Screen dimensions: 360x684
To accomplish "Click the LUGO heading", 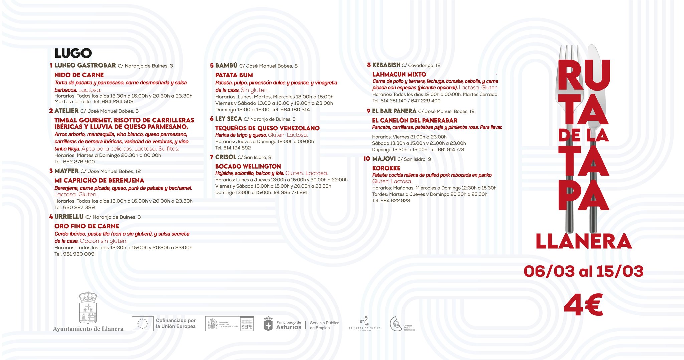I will pos(73,53).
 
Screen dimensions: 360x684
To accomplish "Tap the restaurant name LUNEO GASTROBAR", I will pos(85,66).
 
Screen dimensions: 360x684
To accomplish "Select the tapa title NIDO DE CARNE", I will pos(79,75).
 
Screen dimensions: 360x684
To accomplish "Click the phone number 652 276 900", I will pos(79,162).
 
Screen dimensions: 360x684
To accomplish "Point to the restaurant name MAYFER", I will pos(67,171).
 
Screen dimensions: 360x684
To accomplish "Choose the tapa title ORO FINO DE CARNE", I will pos(87,226).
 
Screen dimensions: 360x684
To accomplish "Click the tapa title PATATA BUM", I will pos(234,75).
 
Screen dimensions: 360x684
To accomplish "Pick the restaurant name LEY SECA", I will pos(229,119).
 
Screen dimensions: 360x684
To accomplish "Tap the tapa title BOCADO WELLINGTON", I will pos(248,166).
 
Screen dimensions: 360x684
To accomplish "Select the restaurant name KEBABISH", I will pos(386,65).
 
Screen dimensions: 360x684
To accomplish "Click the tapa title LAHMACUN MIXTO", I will pos(399,75).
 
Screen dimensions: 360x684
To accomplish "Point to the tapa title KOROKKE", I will pos(386,168).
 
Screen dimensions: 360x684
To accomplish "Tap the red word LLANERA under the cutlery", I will pos(583,242).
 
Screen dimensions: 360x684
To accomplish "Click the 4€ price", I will pos(583,305).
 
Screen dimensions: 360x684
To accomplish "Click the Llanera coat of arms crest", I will pos(88,308).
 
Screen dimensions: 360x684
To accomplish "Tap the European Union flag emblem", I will pos(143,324).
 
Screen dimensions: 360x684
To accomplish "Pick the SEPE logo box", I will pos(247,324).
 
